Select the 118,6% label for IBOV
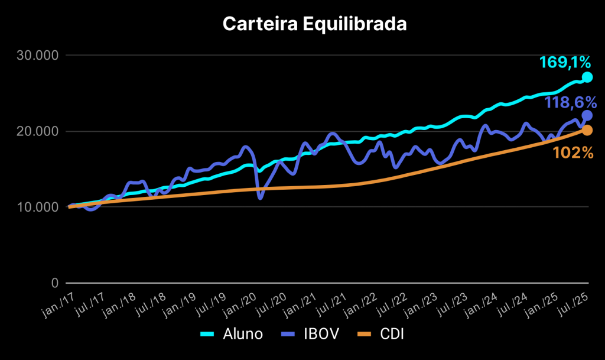[x=570, y=102]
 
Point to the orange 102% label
[x=573, y=153]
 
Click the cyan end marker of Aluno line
[x=587, y=77]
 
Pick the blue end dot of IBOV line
[x=587, y=115]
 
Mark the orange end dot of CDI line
[x=587, y=130]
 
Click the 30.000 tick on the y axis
[x=37, y=56]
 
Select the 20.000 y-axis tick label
[x=37, y=131]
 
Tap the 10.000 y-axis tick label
[x=37, y=207]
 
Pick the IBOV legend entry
[x=313, y=334]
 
